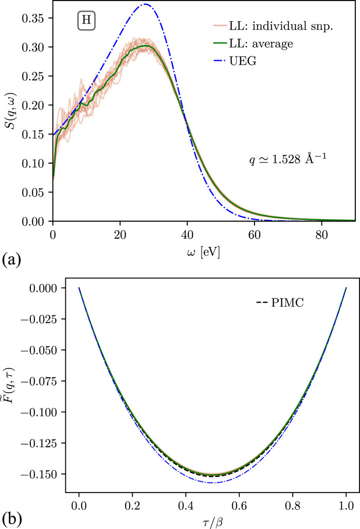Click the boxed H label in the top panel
[86, 22]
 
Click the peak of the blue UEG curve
[146, 5]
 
